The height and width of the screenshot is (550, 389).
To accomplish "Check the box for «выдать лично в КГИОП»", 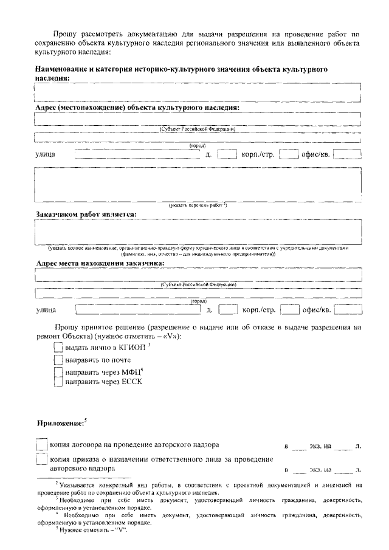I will click(x=58, y=348).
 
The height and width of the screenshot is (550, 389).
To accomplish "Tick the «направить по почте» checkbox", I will click(x=58, y=360).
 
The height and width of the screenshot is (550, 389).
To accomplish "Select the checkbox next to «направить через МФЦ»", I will click(x=58, y=371).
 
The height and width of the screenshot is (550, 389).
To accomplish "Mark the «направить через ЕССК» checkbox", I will click(x=58, y=382).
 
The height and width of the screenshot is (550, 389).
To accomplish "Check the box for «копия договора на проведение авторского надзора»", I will click(x=41, y=445).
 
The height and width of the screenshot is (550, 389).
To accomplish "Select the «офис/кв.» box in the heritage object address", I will click(x=347, y=154).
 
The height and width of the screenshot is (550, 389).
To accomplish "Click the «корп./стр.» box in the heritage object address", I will click(x=289, y=154).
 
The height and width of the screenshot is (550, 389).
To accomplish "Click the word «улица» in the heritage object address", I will click(x=46, y=155).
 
